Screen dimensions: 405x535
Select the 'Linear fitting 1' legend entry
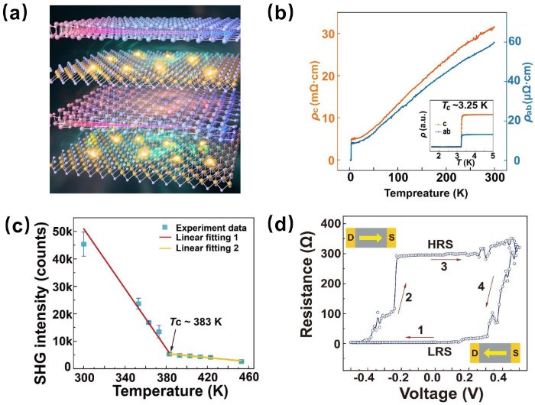[x=183, y=239]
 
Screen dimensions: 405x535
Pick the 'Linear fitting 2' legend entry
[x=183, y=250]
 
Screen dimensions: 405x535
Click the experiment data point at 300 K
[x=84, y=245]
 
